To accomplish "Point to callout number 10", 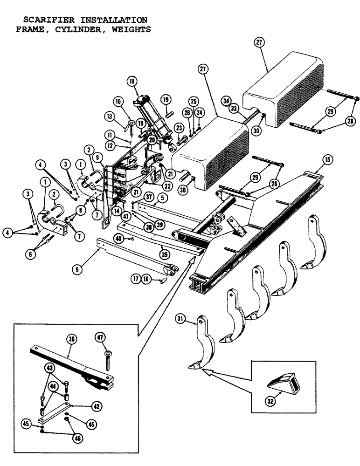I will pyautogui.click(x=118, y=101).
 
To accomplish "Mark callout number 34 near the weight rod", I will pyautogui.click(x=226, y=100).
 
